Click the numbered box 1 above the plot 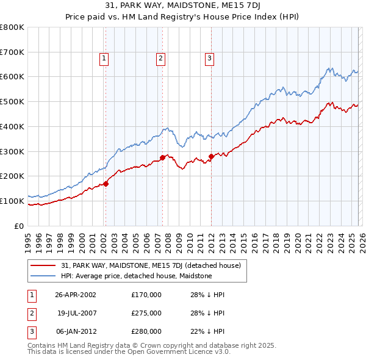[x=104, y=59]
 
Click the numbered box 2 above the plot [x=160, y=59]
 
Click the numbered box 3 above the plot [x=209, y=59]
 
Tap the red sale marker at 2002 [x=106, y=183]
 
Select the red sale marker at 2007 [x=162, y=157]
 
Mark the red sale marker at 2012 [x=211, y=156]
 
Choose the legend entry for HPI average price [x=136, y=276]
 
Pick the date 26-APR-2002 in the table [x=76, y=294]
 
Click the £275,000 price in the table [x=146, y=313]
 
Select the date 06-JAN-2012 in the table [x=76, y=332]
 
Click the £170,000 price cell [x=146, y=294]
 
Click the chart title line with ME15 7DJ [x=182, y=7]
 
